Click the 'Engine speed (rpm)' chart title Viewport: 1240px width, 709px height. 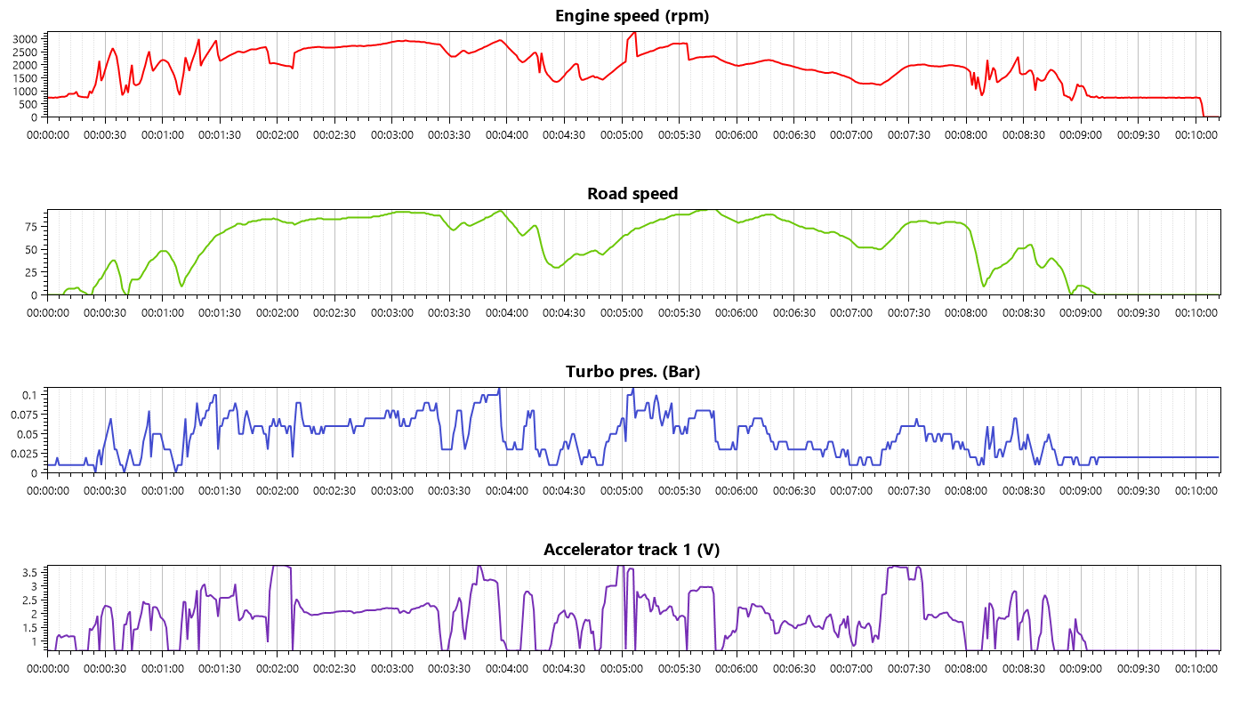tap(632, 16)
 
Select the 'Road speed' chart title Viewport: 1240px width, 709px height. tap(632, 194)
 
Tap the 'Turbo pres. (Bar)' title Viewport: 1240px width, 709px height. tap(632, 372)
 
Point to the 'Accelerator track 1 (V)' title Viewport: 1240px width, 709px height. tap(632, 550)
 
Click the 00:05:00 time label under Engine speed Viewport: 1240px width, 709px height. tap(622, 135)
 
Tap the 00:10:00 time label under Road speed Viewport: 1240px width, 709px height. tap(1196, 313)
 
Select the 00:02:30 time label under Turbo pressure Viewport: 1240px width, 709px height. tap(335, 491)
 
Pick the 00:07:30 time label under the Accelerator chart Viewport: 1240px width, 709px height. tap(908, 669)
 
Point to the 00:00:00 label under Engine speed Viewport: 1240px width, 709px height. tap(48, 135)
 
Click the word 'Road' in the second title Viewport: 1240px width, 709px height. tap(605, 194)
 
